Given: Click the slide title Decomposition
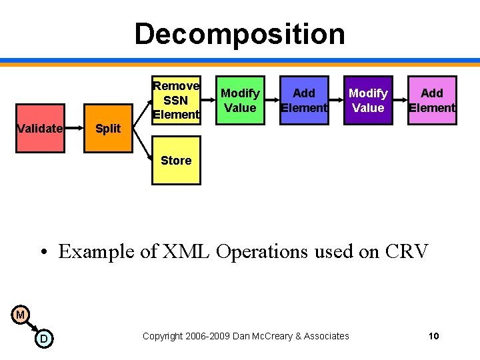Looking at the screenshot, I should point(239,34).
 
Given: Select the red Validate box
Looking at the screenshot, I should point(39,129).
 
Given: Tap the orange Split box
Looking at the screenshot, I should point(107,129).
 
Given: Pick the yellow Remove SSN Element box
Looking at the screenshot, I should point(176,101).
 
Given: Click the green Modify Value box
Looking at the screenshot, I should point(240,101).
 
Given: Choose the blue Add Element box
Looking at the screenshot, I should point(304,101).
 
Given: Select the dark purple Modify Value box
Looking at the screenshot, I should point(368,101).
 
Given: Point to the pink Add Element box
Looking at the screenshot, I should point(432,101).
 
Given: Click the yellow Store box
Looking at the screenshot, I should point(176,160).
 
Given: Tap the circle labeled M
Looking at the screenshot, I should point(21,315).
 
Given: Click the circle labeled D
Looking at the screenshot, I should point(43,339).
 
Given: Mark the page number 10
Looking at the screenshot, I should point(433,336).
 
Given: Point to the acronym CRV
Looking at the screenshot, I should point(407,251).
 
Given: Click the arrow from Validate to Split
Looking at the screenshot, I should point(74,129).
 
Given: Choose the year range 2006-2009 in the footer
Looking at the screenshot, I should point(210,336).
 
